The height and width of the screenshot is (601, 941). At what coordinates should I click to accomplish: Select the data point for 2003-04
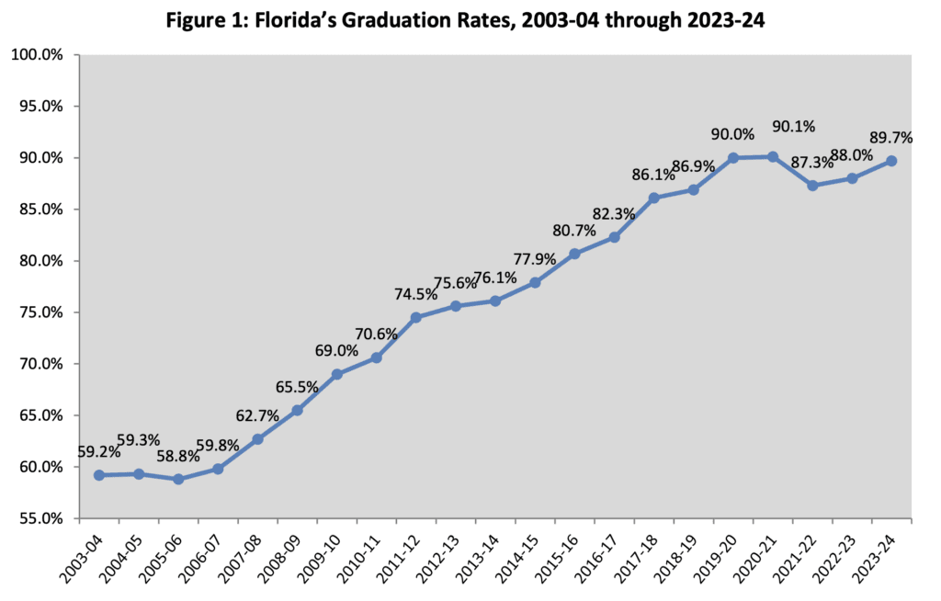[x=99, y=475]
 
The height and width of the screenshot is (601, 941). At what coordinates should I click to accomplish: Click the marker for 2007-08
[x=258, y=439]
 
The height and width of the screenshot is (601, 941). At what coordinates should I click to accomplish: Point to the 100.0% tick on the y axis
[x=38, y=55]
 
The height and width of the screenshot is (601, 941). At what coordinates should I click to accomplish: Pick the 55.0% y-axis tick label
[x=38, y=518]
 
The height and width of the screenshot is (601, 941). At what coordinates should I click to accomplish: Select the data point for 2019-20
[x=733, y=158]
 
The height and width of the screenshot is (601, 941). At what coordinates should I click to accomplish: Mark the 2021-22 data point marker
[x=812, y=186]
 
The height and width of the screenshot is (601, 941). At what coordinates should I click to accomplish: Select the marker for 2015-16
[x=575, y=254]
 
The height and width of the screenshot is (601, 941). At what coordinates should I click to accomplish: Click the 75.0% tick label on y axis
[x=38, y=312]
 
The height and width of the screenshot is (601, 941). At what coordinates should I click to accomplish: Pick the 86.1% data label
[x=652, y=175]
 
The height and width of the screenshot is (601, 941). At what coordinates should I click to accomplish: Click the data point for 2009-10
[x=337, y=374]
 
